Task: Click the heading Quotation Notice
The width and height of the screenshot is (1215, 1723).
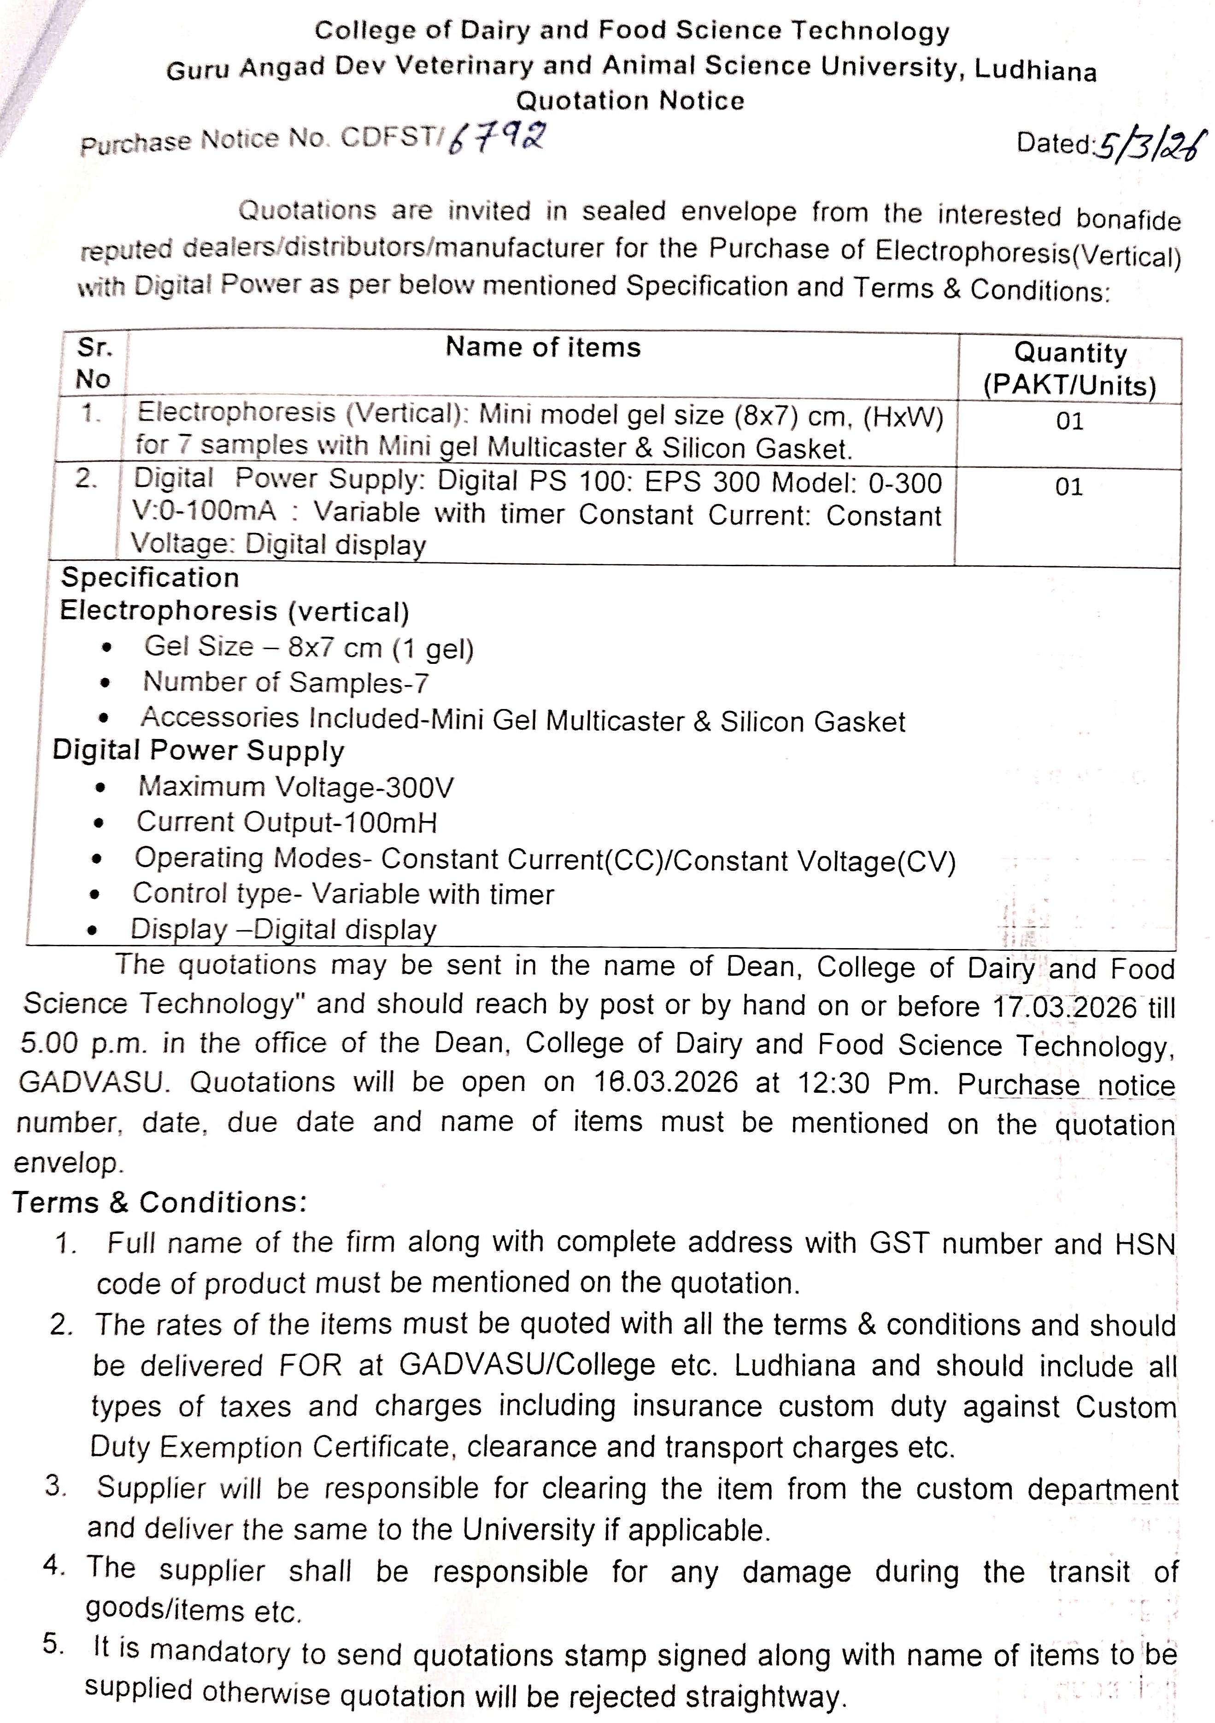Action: click(630, 100)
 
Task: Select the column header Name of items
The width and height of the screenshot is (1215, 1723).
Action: click(543, 347)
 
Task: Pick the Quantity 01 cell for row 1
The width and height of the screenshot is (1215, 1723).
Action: click(1069, 421)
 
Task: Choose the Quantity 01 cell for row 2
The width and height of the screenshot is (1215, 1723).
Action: click(1068, 487)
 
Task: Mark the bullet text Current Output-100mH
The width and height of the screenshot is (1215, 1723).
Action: click(286, 822)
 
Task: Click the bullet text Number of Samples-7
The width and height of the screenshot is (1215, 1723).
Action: click(286, 683)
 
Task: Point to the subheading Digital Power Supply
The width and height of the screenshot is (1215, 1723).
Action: click(198, 750)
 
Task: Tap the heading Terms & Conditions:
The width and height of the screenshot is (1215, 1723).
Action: click(159, 1202)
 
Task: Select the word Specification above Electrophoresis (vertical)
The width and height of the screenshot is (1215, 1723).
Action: click(150, 578)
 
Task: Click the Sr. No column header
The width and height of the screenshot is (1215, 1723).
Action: click(94, 363)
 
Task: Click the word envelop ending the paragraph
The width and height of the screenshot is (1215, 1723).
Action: click(68, 1162)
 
